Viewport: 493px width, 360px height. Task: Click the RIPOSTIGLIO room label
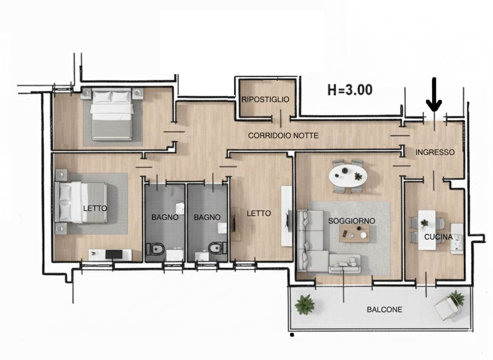[265, 100]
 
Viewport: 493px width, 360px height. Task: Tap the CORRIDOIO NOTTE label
[283, 136]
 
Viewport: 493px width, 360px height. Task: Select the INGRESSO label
[435, 152]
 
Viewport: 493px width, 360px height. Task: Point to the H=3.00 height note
[350, 90]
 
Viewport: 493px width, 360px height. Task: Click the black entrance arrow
[434, 95]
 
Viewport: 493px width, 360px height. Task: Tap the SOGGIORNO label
[351, 221]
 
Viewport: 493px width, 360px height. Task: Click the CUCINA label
[438, 237]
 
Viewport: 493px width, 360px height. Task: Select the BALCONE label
[384, 310]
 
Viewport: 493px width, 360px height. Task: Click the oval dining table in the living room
[348, 175]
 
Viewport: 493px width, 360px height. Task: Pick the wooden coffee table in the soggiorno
[354, 234]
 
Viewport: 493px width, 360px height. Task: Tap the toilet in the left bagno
[156, 250]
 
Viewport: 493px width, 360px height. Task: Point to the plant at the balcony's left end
[304, 304]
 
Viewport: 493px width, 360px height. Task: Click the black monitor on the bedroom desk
[114, 254]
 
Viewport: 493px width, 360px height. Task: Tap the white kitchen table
[427, 230]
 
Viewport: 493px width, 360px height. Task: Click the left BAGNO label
[165, 217]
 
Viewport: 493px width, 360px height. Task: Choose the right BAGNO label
[207, 217]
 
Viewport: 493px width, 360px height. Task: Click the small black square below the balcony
[292, 335]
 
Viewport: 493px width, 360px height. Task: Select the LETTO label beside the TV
[259, 213]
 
